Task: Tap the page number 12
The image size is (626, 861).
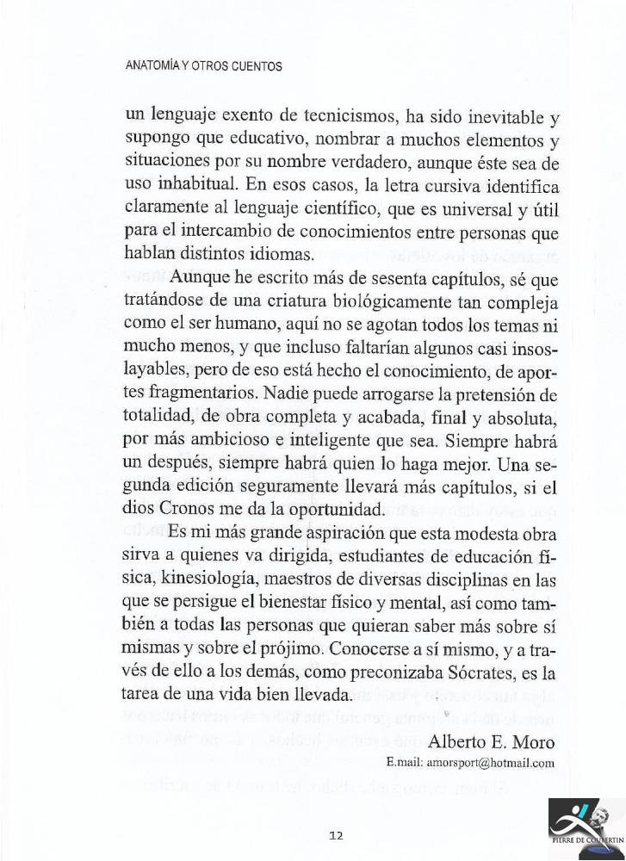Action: (x=337, y=834)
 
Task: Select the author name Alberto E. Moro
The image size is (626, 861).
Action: (x=491, y=742)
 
